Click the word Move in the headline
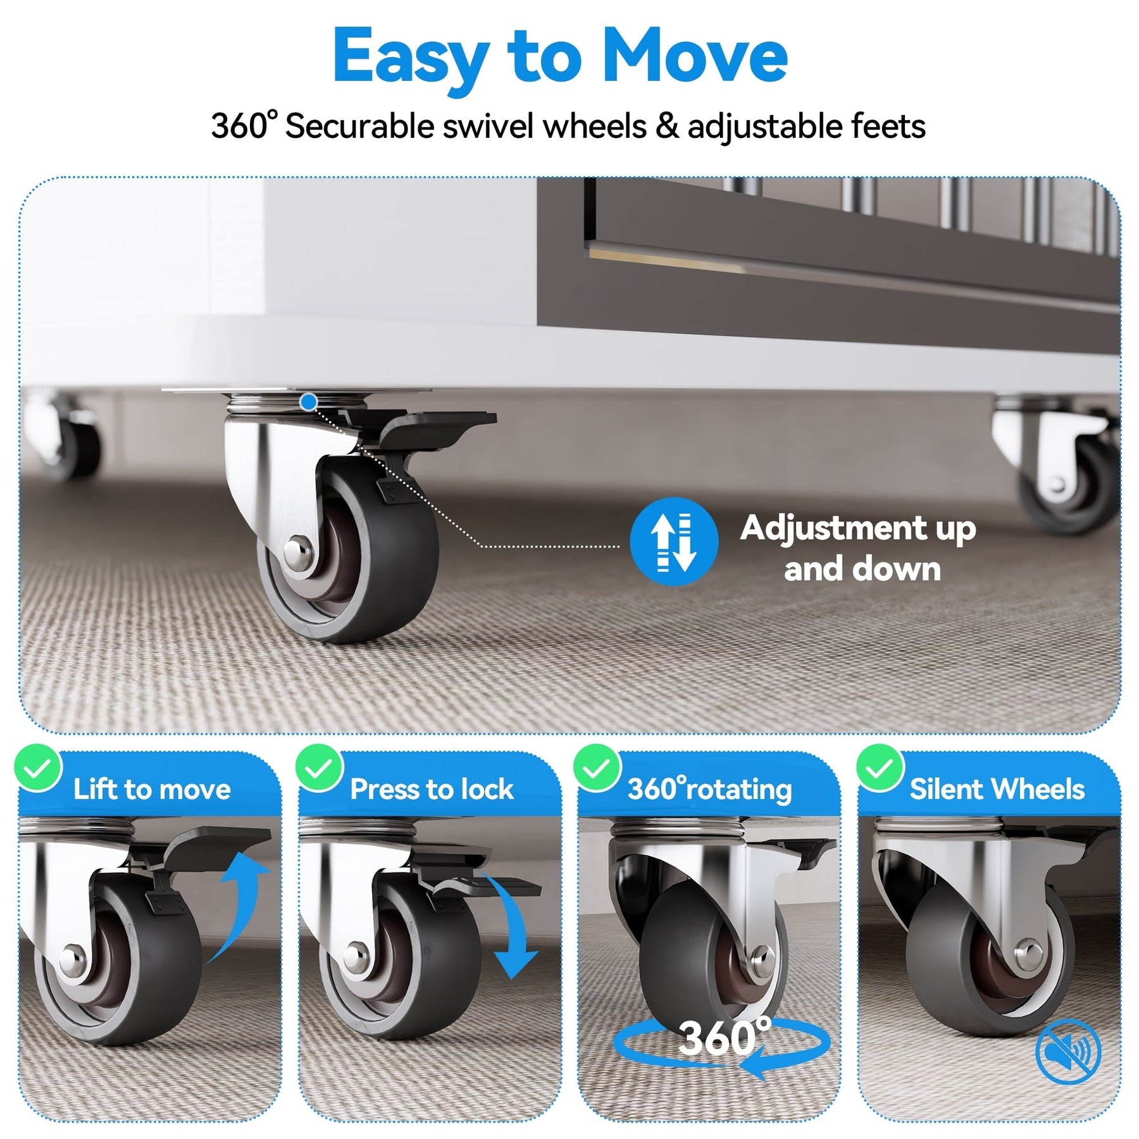pos(695,57)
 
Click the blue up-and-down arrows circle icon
pos(674,541)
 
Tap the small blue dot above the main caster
pos(309,401)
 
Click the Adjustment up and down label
pos(858,548)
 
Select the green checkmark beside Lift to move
pos(38,768)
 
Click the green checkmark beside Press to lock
pos(319,768)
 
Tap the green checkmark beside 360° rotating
pos(597,768)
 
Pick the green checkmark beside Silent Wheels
pos(880,768)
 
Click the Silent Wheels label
pos(997,789)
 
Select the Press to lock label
pos(432,789)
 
